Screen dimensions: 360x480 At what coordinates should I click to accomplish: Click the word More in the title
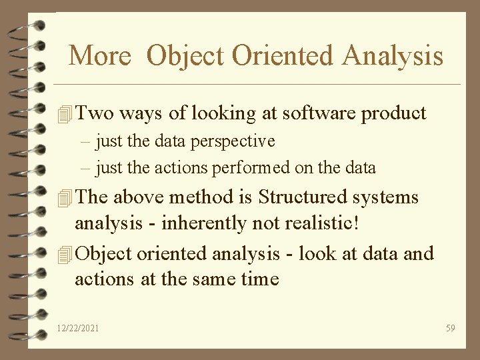pyautogui.click(x=100, y=55)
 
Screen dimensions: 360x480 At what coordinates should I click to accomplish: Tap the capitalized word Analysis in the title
pyautogui.click(x=392, y=55)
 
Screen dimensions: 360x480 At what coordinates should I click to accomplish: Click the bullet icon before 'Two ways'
pyautogui.click(x=64, y=115)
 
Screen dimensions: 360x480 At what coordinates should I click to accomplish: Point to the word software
pyautogui.click(x=319, y=113)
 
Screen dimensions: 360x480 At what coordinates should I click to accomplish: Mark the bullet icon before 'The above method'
pyautogui.click(x=64, y=199)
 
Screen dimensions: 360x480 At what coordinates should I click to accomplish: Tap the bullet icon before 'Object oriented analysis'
pyautogui.click(x=64, y=255)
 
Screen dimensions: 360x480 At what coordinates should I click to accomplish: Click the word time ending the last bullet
pyautogui.click(x=260, y=279)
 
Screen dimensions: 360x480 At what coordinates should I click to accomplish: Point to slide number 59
pyautogui.click(x=450, y=329)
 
